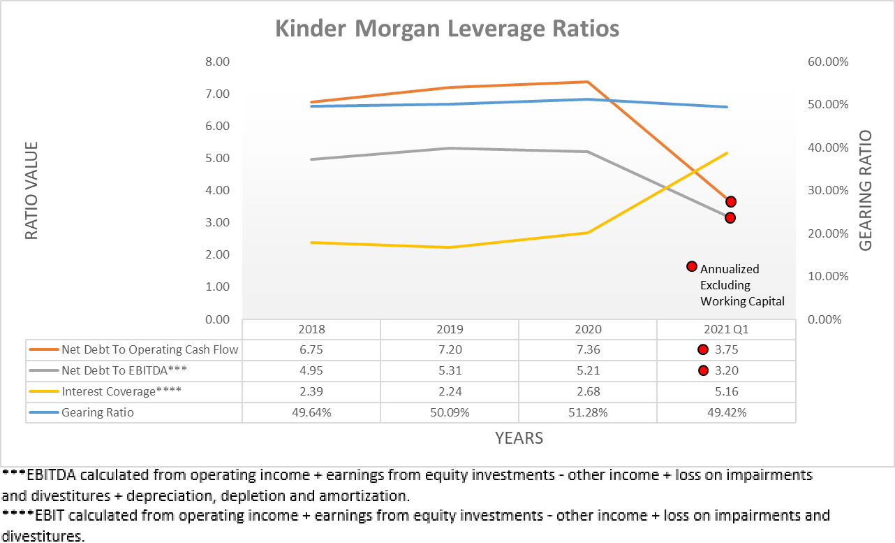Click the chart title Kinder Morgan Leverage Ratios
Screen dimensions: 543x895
coord(447,29)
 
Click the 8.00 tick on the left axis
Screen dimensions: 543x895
coord(216,61)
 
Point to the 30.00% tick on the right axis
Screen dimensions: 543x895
coord(828,190)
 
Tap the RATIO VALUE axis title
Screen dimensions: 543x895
coord(31,191)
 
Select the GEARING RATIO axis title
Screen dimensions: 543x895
coord(865,191)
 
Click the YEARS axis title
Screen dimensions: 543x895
coord(519,438)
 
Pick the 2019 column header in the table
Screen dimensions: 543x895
coord(450,329)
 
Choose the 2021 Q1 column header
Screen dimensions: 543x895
coord(726,329)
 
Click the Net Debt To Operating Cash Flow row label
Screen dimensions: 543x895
coord(149,350)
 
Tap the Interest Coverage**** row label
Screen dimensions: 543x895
coord(121,391)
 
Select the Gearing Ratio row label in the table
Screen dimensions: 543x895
coord(97,412)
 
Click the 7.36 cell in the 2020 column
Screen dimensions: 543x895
coord(588,350)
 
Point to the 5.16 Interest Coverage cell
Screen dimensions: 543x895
coord(726,391)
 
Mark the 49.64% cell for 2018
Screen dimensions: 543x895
coord(311,412)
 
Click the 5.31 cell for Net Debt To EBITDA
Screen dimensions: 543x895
coord(450,370)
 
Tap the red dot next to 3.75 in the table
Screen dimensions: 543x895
coord(703,350)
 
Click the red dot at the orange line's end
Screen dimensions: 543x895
coord(730,202)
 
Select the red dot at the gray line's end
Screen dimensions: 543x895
coord(730,218)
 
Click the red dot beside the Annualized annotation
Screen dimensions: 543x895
coord(692,266)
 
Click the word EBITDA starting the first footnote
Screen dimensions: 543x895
coord(52,476)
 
